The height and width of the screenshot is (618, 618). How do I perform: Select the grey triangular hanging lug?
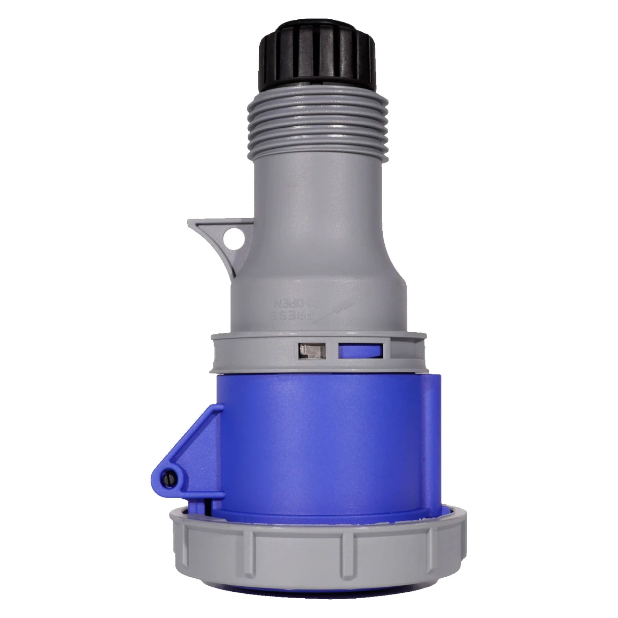tap(220, 239)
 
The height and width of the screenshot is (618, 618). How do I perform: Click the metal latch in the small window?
tap(312, 351)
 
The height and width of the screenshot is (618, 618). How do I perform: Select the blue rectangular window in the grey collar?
tap(360, 350)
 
